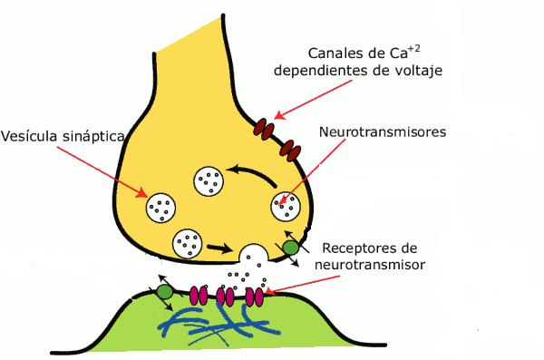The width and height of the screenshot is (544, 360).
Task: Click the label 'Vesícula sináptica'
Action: point(63,136)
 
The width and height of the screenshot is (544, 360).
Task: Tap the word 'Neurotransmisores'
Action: point(383,131)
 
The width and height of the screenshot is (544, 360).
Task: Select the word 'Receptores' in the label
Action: point(359,248)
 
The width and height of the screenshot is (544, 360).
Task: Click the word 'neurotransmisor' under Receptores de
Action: point(370,265)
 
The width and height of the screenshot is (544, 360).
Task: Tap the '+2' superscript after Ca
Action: point(414,48)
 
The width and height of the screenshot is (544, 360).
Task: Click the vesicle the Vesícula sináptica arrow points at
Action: point(160,208)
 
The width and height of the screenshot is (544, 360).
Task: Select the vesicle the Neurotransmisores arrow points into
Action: point(286,206)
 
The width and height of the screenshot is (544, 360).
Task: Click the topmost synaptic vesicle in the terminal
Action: point(209,180)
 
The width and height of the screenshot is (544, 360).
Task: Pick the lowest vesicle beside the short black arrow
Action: point(188,244)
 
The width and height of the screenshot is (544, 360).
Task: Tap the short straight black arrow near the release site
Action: point(219,248)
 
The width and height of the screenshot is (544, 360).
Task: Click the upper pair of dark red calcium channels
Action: point(266,129)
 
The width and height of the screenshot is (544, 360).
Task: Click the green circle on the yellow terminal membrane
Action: point(290,248)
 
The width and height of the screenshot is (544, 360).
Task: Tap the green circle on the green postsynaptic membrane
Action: point(165,292)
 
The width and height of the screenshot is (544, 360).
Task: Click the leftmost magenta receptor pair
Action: point(199,296)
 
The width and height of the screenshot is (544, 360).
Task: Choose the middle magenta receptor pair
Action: point(225,297)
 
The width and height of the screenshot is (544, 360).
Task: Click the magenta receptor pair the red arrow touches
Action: point(254,297)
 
